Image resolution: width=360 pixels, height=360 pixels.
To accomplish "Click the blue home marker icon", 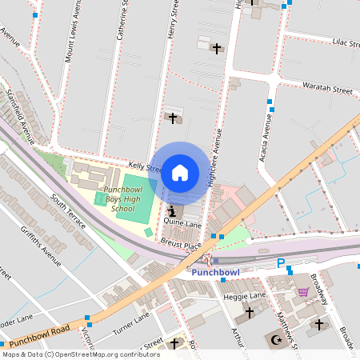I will click(180, 172).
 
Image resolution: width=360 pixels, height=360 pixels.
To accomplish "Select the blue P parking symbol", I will click(281, 263).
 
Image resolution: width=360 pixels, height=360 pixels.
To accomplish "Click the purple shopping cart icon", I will click(303, 292).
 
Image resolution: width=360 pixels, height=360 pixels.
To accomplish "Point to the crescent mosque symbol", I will click(278, 339).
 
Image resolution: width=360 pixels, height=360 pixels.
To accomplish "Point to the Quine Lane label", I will click(183, 225).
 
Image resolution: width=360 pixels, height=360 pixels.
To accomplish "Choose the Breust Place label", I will click(180, 242).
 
